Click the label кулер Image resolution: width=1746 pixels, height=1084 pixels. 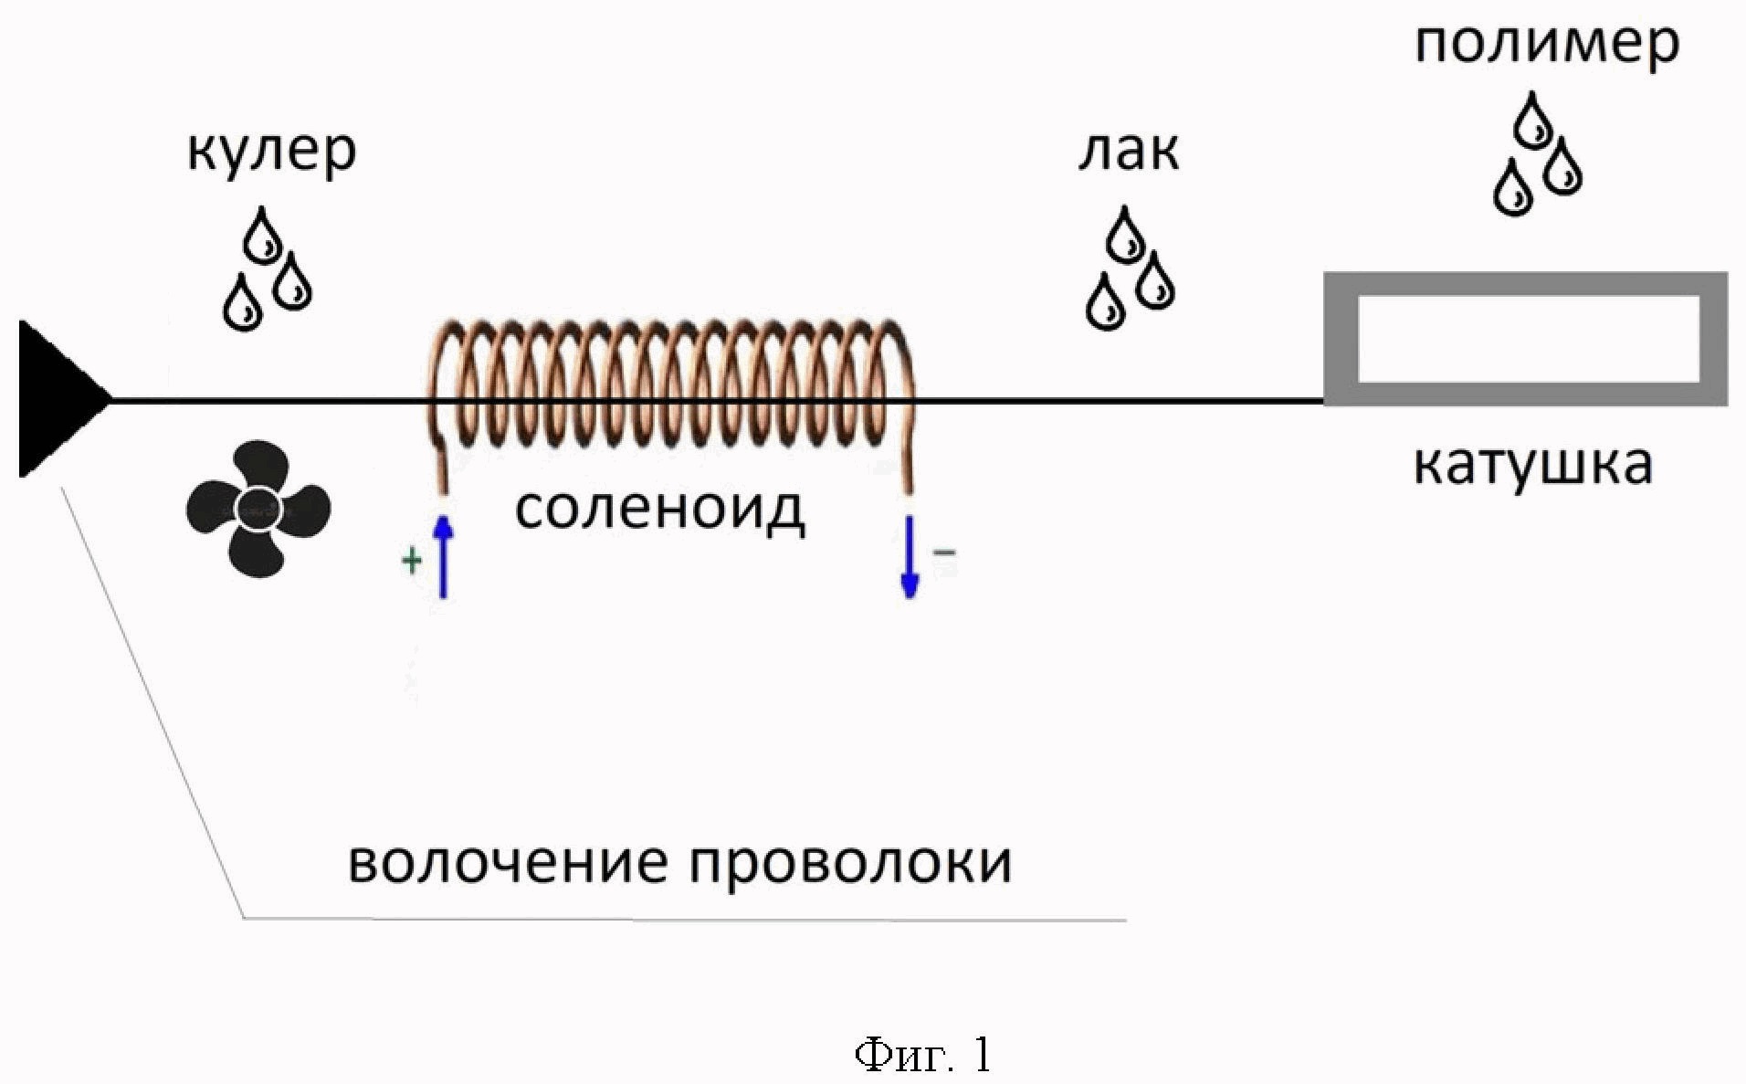(271, 152)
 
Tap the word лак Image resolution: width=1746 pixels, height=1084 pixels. (1129, 151)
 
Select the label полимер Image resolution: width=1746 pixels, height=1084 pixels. (1547, 44)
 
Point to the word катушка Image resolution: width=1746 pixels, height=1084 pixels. (1533, 465)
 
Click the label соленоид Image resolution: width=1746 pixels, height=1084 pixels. (659, 510)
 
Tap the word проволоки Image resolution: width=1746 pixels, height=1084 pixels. (850, 862)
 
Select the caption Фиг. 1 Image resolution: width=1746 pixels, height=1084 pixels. (922, 1055)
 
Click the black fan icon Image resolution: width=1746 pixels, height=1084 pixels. (258, 509)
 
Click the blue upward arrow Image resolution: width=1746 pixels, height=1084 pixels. (443, 556)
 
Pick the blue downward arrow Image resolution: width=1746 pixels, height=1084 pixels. (910, 557)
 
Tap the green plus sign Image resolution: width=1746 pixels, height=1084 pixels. (412, 560)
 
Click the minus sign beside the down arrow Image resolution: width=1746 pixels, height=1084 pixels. (945, 553)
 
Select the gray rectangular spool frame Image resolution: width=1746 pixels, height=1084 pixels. (1526, 339)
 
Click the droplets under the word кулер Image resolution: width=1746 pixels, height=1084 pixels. (268, 268)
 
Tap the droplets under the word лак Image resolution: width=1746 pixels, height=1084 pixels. (1130, 268)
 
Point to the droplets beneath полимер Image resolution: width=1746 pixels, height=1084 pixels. (1537, 153)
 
